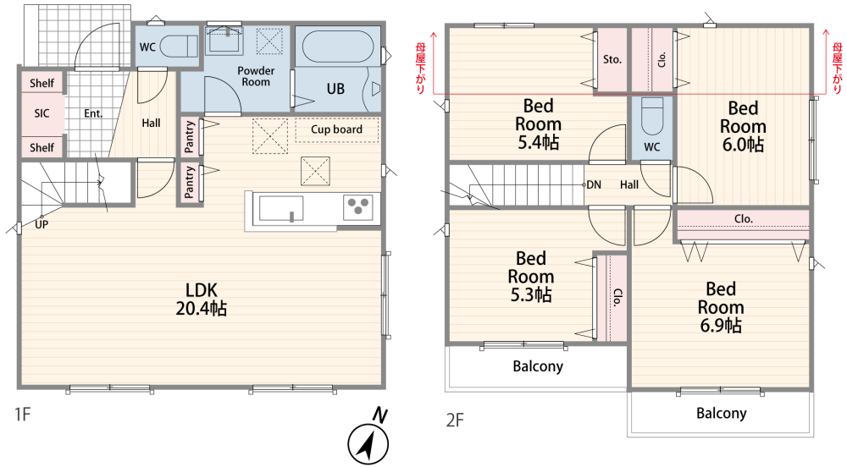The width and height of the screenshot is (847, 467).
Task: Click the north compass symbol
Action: point(368,443)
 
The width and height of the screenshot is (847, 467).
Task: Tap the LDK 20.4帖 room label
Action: point(202,299)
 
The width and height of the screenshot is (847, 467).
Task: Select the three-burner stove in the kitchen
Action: point(357,207)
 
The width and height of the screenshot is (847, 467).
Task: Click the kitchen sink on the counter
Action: point(281,208)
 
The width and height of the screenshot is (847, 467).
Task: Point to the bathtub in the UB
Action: point(338,47)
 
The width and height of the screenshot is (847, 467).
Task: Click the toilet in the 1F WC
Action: point(179,47)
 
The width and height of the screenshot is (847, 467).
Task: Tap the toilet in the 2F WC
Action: point(652,116)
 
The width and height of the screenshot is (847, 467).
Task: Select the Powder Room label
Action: point(256,76)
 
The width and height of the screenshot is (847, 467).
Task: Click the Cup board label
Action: point(336,129)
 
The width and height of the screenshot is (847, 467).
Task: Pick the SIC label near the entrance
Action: point(42,113)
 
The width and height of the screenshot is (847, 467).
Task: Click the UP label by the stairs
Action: point(42,224)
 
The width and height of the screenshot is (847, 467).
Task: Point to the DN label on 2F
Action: point(594,185)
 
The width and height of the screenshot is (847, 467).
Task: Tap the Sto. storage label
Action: point(612,59)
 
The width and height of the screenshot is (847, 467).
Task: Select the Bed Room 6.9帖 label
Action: point(721,307)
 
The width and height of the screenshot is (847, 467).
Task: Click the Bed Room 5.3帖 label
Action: point(531,277)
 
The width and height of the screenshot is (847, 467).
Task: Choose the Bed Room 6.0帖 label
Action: point(743,127)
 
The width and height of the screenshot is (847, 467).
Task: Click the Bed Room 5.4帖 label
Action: point(538,124)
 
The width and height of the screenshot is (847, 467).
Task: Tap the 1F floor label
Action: point(22,415)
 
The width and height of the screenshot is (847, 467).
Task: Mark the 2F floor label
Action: point(455,420)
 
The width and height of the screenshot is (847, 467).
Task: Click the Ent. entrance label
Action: point(93,113)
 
